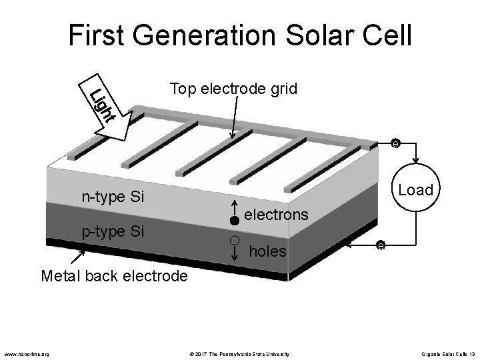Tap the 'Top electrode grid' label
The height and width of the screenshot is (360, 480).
pyautogui.click(x=233, y=89)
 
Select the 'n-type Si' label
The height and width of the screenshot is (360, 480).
pyautogui.click(x=113, y=197)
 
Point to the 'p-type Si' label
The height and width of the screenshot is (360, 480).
pyautogui.click(x=113, y=232)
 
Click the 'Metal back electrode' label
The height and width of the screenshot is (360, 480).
pyautogui.click(x=114, y=275)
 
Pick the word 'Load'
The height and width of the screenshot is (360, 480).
pyautogui.click(x=415, y=190)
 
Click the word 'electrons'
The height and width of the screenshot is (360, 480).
pyautogui.click(x=277, y=215)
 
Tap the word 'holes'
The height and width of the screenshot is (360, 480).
pyautogui.click(x=267, y=251)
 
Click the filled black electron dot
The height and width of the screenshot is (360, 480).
pyautogui.click(x=234, y=220)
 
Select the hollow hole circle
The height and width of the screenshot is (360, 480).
pyautogui.click(x=234, y=239)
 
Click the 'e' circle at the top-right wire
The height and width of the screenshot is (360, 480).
pyautogui.click(x=395, y=143)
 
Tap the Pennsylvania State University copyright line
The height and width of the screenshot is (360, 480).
pyautogui.click(x=237, y=353)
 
